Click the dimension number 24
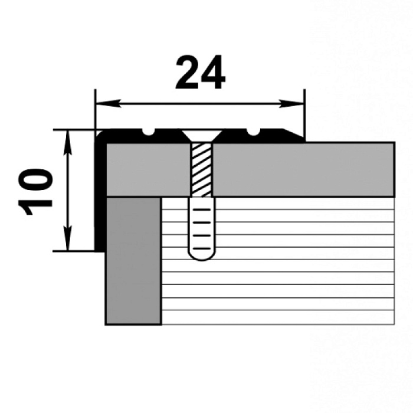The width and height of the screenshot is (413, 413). pyautogui.click(x=200, y=73)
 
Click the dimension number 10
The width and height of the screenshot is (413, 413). pyautogui.click(x=35, y=192)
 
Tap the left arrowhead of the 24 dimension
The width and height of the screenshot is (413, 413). pyautogui.click(x=108, y=103)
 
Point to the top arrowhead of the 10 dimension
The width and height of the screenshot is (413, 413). pyautogui.click(x=68, y=143)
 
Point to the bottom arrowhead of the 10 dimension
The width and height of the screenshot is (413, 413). pyautogui.click(x=68, y=238)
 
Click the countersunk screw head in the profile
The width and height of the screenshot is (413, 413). pyautogui.click(x=202, y=136)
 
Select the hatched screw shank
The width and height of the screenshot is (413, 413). pyautogui.click(x=202, y=170)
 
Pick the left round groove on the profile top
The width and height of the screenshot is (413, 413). pyautogui.click(x=149, y=132)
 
